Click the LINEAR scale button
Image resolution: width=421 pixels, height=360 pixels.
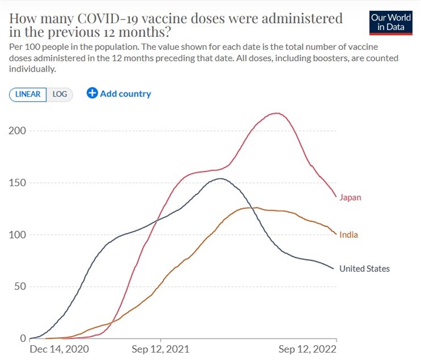pos(28,94)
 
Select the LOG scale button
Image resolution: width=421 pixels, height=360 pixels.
pos(60,94)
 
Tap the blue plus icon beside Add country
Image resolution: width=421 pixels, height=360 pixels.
pos(92,93)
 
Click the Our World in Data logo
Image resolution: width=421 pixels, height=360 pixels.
pos(391,23)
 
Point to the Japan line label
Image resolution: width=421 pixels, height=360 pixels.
pos(350,198)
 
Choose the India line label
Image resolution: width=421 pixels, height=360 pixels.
pos(348,235)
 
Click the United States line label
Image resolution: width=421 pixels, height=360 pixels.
pos(364,269)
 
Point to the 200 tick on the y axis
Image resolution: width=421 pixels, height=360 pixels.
pos(18,131)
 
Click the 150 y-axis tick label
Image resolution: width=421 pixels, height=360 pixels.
pos(18,183)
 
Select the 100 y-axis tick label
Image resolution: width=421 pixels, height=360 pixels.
pos(18,235)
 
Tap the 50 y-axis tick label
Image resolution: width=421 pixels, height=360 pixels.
pos(20,287)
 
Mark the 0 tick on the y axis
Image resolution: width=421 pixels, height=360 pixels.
pos(23,338)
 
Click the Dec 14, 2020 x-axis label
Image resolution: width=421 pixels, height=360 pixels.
pos(59,349)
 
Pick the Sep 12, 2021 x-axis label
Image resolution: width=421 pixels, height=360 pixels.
pos(161,349)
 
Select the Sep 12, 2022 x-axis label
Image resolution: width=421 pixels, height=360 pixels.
pos(307,349)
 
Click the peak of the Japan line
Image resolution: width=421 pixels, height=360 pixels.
pos(277,113)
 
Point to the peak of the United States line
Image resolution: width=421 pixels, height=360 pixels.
pos(220,179)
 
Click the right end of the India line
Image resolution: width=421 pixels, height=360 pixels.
pos(336,234)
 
